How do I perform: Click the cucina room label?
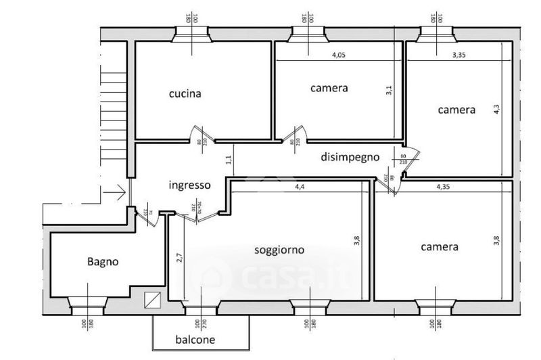click(185, 94)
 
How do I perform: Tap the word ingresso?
click(190, 184)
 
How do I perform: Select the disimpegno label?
click(350, 157)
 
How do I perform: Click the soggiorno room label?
click(279, 250)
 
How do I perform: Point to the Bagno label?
click(103, 261)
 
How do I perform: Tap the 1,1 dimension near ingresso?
click(228, 160)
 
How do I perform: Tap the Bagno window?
click(87, 304)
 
